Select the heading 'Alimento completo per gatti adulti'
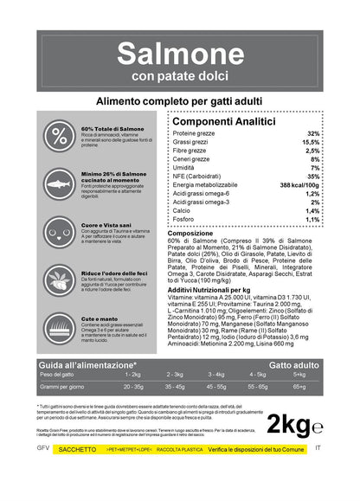pos(179,103)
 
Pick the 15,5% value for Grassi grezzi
pos(311,143)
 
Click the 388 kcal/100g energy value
pos(299,185)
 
